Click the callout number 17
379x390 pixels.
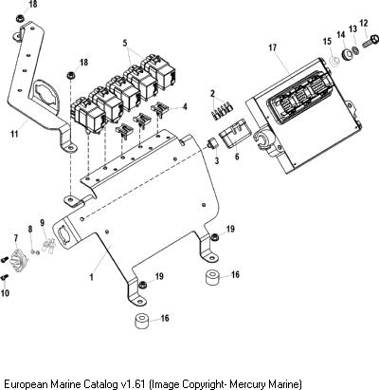pyautogui.click(x=273, y=47)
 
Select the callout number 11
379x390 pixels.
pyautogui.click(x=14, y=134)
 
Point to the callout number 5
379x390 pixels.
pyautogui.click(x=125, y=43)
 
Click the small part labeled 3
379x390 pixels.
pyautogui.click(x=211, y=144)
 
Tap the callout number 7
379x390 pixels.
pyautogui.click(x=16, y=238)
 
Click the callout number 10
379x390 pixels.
pyautogui.click(x=5, y=293)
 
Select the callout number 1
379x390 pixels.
pyautogui.click(x=92, y=277)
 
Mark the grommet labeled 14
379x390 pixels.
pyautogui.click(x=348, y=55)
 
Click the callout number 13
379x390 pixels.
pyautogui.click(x=352, y=28)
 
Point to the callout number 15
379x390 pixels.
pyautogui.click(x=327, y=41)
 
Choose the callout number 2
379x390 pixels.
pyautogui.click(x=212, y=94)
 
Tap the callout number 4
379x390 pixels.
pyautogui.click(x=185, y=106)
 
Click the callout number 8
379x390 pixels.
pyautogui.click(x=30, y=229)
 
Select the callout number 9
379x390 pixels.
pyautogui.click(x=43, y=223)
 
